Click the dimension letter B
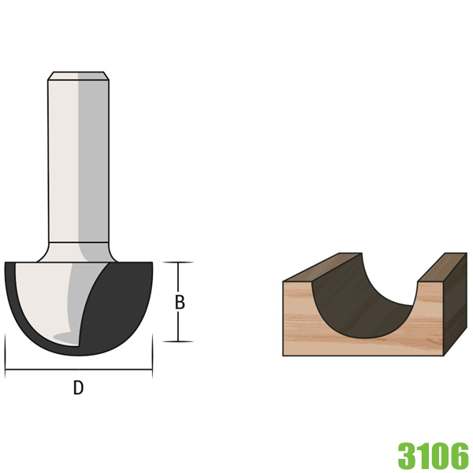[x=180, y=302]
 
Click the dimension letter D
[x=78, y=388]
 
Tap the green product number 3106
[x=433, y=455]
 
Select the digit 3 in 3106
[x=407, y=455]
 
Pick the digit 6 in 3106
[x=460, y=455]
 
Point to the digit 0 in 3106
[x=441, y=455]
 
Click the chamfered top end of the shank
[x=78, y=76]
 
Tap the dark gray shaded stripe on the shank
[x=93, y=158]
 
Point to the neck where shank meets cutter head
[x=78, y=251]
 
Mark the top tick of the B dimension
[x=180, y=263]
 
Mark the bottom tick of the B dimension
[x=180, y=341]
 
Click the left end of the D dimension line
[x=6, y=368]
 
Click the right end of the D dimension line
[x=151, y=368]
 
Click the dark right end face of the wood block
[x=456, y=307]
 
